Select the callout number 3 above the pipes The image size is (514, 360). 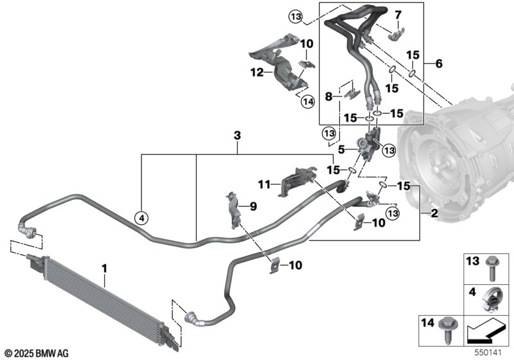pos(237,135)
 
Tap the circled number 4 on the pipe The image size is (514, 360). pos(141,218)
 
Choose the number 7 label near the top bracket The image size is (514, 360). pos(398,15)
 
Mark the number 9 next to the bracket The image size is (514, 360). pos(254,206)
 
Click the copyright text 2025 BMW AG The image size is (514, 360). pos(37,353)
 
